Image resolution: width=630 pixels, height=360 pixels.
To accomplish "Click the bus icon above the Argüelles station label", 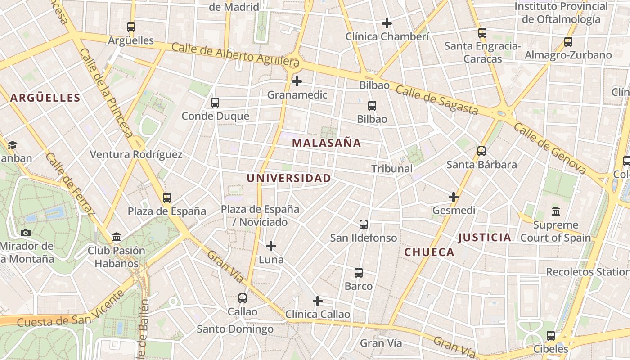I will click(131, 27).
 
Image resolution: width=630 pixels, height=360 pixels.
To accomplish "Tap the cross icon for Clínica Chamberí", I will click(387, 23).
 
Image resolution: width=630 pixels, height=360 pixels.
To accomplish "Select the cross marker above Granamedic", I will click(297, 81).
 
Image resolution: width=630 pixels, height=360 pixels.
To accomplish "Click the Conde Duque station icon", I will click(215, 103).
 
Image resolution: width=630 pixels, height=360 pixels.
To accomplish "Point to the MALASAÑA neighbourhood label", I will click(326, 143).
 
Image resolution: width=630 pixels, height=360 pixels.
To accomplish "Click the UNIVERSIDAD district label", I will click(288, 178).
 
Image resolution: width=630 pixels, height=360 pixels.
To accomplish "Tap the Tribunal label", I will click(392, 169).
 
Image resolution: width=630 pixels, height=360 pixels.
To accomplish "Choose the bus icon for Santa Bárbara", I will click(481, 151).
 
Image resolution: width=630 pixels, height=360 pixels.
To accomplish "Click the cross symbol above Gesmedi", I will click(454, 197).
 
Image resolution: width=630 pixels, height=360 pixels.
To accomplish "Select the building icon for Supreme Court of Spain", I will click(556, 211).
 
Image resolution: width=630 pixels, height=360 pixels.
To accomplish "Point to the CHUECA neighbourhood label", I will click(429, 252).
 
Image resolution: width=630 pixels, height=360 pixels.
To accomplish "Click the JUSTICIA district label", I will click(485, 238).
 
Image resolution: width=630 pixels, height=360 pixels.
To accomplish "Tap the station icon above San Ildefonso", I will click(364, 224).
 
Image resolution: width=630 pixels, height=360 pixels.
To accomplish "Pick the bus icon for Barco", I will click(359, 273).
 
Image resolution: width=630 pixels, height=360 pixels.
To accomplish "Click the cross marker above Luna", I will click(271, 246).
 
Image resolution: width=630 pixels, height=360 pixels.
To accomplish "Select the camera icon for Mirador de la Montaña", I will click(26, 233).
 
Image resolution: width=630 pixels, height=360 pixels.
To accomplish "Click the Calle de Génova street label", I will click(550, 148).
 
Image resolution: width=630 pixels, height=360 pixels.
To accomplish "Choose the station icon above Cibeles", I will click(551, 336).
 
